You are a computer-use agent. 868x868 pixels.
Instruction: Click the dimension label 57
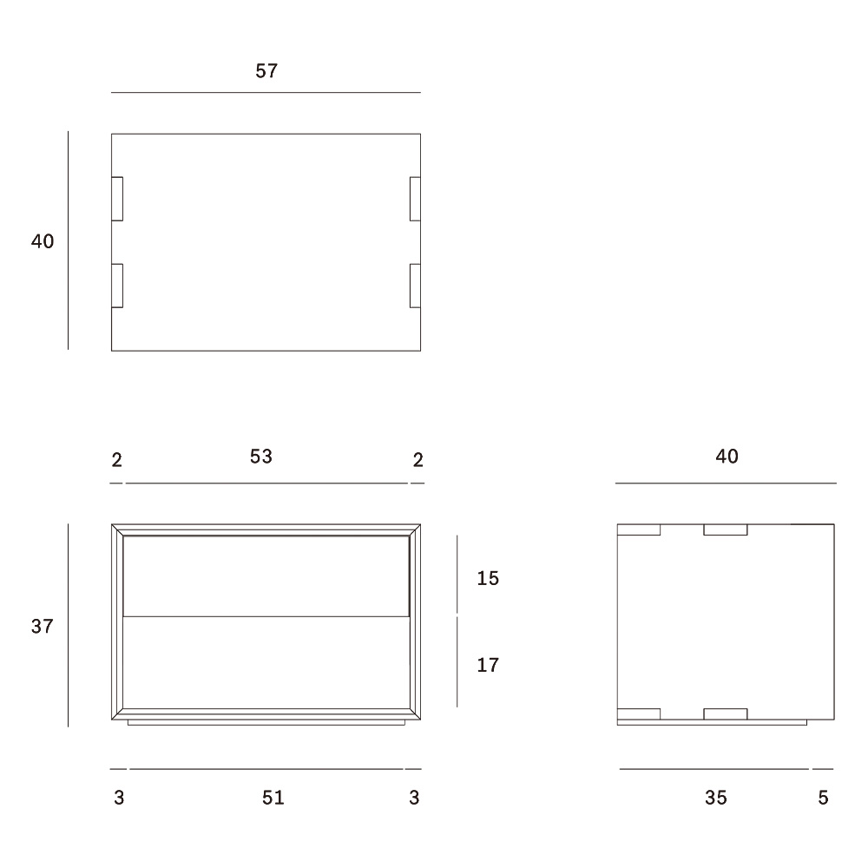[266, 71]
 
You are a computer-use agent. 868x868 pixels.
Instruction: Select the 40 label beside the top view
[43, 241]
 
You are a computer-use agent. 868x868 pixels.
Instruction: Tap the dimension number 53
[260, 457]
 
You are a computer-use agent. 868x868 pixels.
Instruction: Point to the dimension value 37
[42, 626]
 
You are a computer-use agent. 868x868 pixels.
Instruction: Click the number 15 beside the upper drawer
[488, 578]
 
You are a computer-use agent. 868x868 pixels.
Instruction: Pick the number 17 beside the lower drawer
[488, 665]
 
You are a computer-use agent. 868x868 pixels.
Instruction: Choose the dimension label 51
[273, 798]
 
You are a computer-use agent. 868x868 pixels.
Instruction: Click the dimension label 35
[716, 798]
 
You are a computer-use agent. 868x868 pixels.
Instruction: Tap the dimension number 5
[823, 798]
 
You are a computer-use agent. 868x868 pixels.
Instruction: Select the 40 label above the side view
[727, 457]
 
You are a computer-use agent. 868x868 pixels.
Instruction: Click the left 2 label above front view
[117, 460]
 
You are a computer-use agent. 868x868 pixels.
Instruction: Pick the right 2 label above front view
[418, 460]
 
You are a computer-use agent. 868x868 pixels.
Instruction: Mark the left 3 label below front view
[119, 798]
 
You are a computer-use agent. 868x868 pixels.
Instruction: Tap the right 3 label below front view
[414, 798]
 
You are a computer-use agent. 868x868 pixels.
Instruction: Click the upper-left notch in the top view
[117, 199]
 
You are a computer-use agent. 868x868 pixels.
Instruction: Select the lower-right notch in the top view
[415, 286]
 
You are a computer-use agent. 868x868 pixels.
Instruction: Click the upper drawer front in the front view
[266, 575]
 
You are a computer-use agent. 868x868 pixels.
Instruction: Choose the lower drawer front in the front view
[266, 662]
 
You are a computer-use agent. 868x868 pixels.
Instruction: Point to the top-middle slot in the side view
[725, 529]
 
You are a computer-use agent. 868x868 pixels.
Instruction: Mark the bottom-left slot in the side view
[638, 714]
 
